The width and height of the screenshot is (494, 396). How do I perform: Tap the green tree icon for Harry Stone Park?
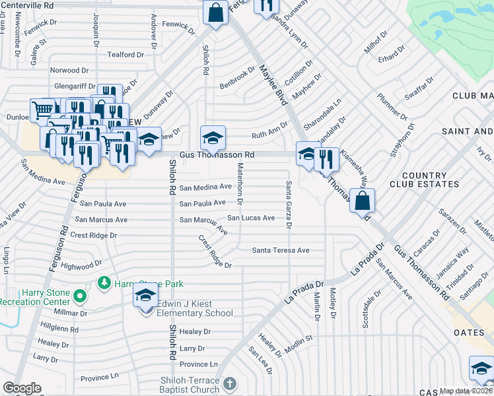pos(103,283)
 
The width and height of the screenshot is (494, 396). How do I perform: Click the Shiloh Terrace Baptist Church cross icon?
pos(229,383)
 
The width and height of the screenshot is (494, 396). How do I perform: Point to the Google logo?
pos(22,388)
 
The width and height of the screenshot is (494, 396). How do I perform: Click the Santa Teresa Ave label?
pos(281,250)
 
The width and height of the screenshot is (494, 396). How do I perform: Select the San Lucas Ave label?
pos(251,218)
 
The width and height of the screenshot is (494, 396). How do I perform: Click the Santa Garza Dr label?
pos(289,204)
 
